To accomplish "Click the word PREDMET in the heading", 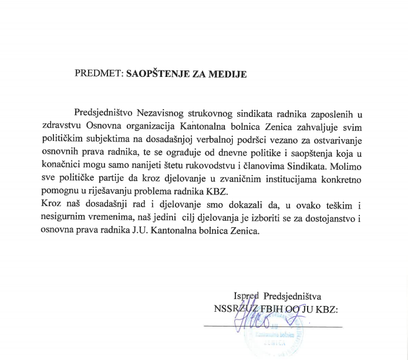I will (96, 75).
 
